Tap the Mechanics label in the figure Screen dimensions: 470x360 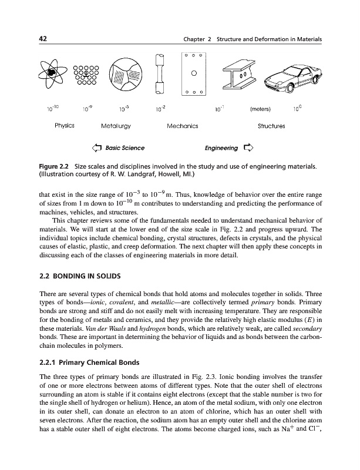[183, 125]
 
